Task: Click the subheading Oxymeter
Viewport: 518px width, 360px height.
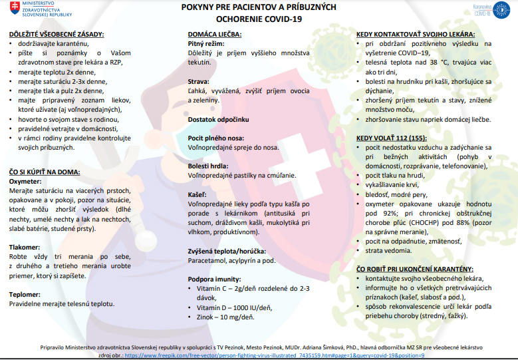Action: (26, 181)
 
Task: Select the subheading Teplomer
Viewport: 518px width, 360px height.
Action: (25, 293)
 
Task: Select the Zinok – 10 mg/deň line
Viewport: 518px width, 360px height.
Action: (225, 317)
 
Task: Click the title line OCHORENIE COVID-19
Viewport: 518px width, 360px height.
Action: (259, 19)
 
